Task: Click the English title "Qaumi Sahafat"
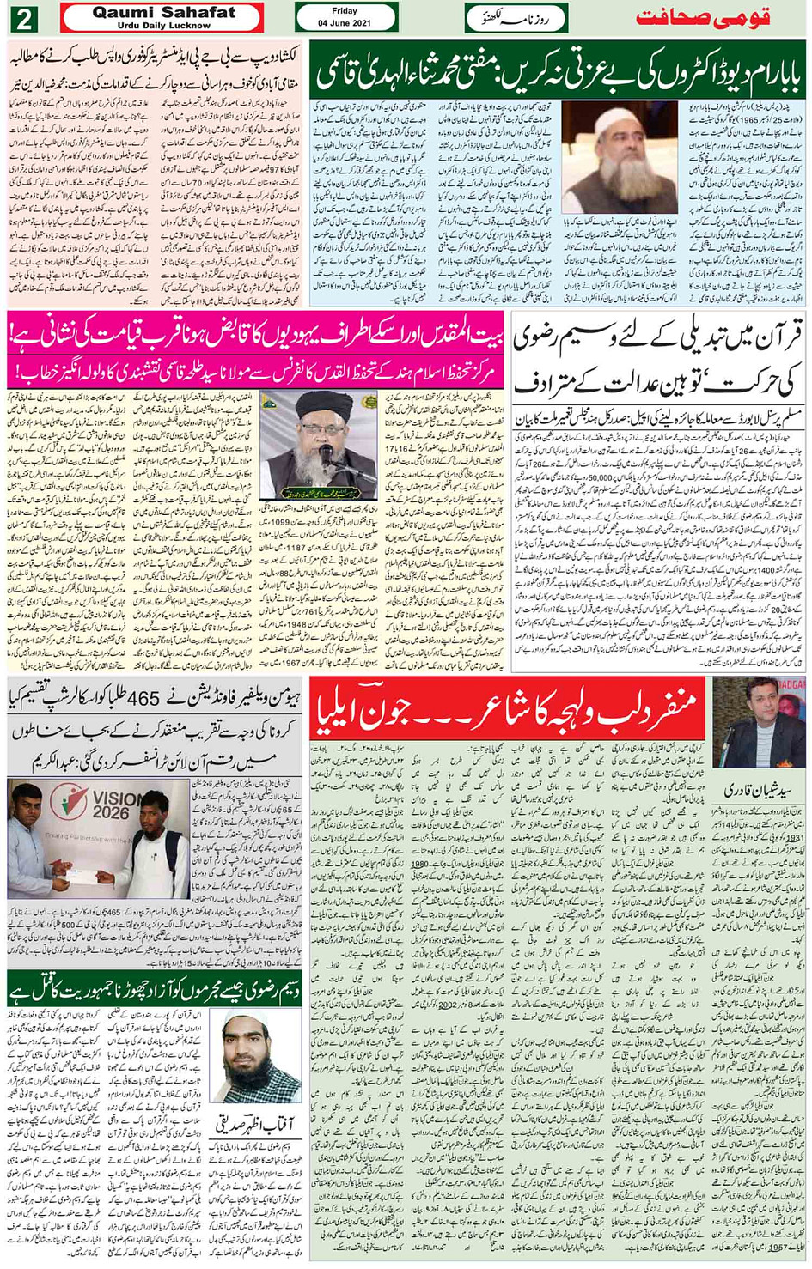pyautogui.click(x=161, y=12)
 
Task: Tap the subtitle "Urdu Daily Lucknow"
pyautogui.click(x=161, y=26)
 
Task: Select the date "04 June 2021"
pyautogui.click(x=345, y=22)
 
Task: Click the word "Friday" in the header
pyautogui.click(x=345, y=11)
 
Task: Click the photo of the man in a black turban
pyautogui.click(x=319, y=446)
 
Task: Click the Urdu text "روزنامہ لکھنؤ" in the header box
pyautogui.click(x=516, y=16)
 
